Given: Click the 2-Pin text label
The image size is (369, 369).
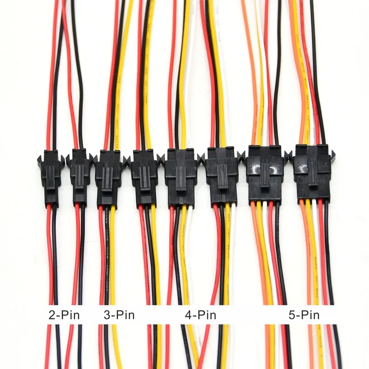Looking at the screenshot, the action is pos(64,316).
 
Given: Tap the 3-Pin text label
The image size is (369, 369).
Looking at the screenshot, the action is pos(119,316).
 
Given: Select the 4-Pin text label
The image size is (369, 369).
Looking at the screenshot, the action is pos(200,316).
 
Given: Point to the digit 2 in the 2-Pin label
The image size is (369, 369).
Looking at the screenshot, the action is pos(52,316).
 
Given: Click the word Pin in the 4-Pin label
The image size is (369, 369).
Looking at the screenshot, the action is pos(206,316).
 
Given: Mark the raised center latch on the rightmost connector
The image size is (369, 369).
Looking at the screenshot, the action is pos(313,178).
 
